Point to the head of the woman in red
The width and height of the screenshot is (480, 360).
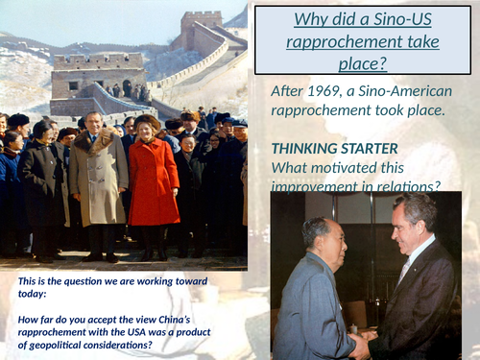coord(150,126)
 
